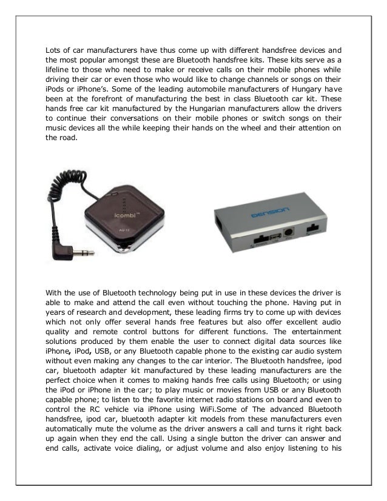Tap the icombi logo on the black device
[141, 214]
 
